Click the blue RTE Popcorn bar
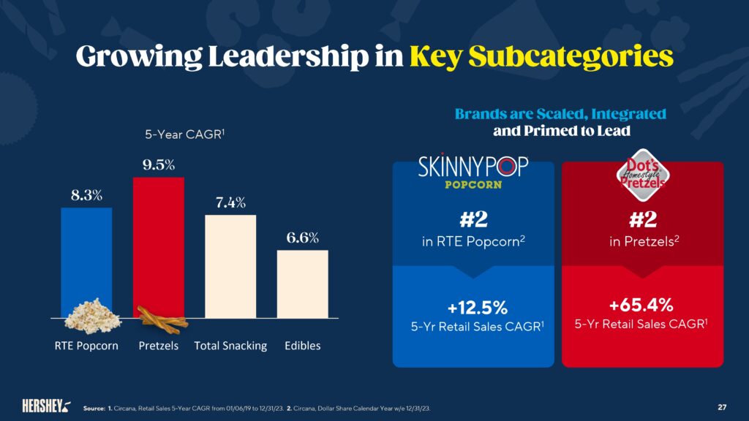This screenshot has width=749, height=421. pyautogui.click(x=86, y=256)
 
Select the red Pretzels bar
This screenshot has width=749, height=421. pyautogui.click(x=158, y=241)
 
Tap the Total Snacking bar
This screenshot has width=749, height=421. pyautogui.click(x=230, y=266)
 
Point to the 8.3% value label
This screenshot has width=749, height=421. pyautogui.click(x=86, y=195)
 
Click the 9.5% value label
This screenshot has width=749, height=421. pyautogui.click(x=158, y=164)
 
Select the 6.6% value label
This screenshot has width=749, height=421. pyautogui.click(x=302, y=238)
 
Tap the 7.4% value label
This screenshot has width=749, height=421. pyautogui.click(x=230, y=202)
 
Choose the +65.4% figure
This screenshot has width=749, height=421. pyautogui.click(x=642, y=304)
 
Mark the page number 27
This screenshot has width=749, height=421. pyautogui.click(x=722, y=406)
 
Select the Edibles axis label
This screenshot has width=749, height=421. pyautogui.click(x=302, y=346)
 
